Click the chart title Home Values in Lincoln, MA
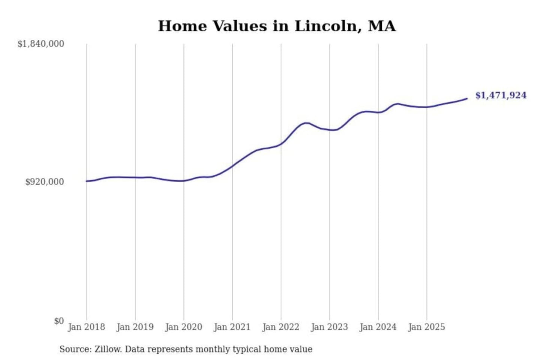pos(277,26)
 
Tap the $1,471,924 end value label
pos(501,95)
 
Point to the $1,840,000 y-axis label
pos(41,44)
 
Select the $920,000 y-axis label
pos(45,182)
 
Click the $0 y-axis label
pos(59,321)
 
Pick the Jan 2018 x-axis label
pos(86,327)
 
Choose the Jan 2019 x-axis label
pos(135,327)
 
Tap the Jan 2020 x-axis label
pos(183,327)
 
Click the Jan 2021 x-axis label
pos(232,327)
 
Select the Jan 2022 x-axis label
pos(280,327)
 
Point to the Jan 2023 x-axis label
pos(329,327)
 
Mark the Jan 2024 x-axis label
pos(378,327)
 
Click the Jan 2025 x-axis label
pos(426,327)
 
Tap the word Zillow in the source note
pos(108,349)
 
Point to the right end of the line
pos(467,99)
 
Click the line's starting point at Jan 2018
pos(87,181)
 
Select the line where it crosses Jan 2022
pos(281,144)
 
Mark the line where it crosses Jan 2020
pos(184,181)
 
